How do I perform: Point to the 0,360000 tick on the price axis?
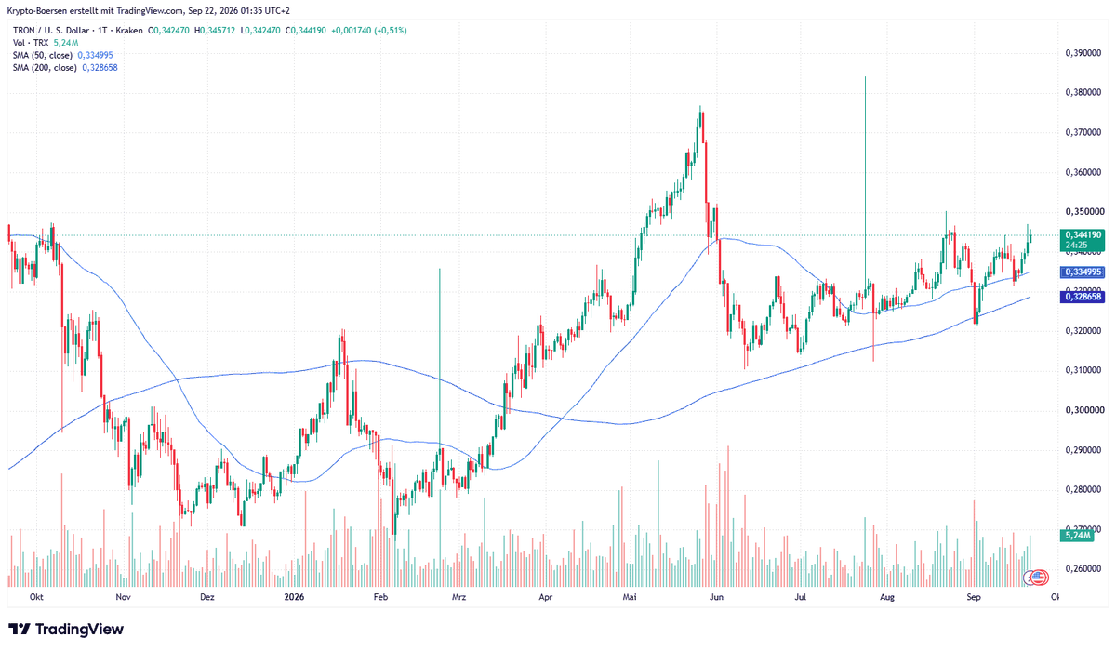click(1083, 172)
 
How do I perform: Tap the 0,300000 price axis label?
click(1083, 410)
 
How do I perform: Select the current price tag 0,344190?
click(1083, 234)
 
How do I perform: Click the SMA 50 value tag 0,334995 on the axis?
click(1083, 272)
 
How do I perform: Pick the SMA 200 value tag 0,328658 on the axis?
click(1083, 297)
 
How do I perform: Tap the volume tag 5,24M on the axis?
click(1076, 536)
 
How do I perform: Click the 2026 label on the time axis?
click(294, 597)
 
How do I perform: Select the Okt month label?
click(36, 597)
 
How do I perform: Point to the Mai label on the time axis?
click(630, 597)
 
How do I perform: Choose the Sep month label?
click(973, 597)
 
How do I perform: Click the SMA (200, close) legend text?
click(45, 68)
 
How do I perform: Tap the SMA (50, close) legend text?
click(43, 55)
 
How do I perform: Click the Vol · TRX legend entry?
click(31, 43)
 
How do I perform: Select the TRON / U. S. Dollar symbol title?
click(52, 31)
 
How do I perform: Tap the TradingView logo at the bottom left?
click(66, 629)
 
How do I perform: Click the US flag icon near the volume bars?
click(1038, 578)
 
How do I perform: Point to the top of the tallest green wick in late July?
click(865, 76)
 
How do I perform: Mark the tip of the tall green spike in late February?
click(439, 269)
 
